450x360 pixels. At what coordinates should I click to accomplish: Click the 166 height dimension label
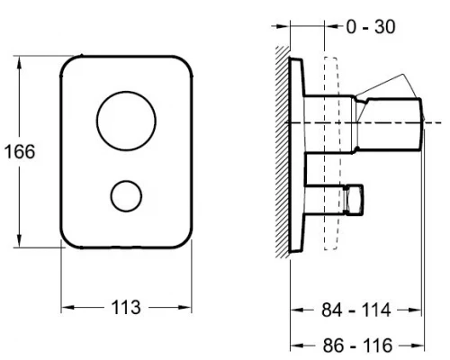20,151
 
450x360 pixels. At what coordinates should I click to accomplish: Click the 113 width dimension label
126,308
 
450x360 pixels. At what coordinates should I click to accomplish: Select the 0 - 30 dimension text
371,27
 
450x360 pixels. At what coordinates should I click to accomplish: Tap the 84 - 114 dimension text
356,310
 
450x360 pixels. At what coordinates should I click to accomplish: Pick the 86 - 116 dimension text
357,346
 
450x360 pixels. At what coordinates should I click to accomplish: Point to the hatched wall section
283,152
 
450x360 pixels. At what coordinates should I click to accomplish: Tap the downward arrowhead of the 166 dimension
19,240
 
